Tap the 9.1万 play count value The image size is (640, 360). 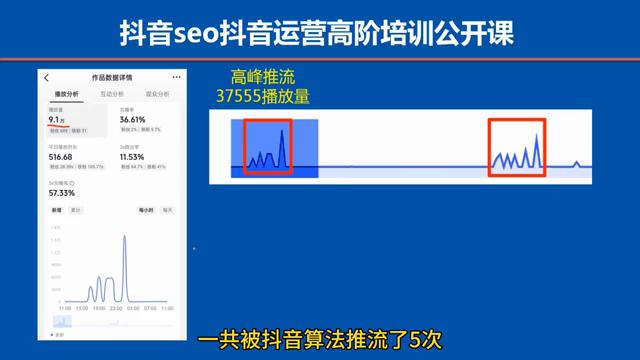(x=57, y=120)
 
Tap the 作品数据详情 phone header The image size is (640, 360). (x=110, y=77)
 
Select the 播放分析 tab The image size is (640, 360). (x=66, y=93)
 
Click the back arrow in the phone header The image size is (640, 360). (x=47, y=77)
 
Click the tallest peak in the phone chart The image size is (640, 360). (x=125, y=238)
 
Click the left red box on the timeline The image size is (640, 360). (x=269, y=146)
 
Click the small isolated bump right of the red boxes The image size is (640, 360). (x=576, y=161)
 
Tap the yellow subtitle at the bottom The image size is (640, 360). (x=320, y=339)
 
